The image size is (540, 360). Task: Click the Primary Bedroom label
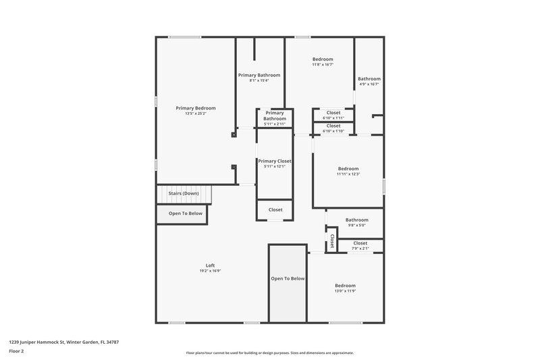(196, 108)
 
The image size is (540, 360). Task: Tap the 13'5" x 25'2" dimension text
(196, 113)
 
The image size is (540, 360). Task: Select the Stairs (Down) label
(184, 193)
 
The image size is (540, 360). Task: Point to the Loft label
(210, 265)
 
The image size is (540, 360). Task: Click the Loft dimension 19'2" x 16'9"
(210, 271)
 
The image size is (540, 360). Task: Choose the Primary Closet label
(275, 161)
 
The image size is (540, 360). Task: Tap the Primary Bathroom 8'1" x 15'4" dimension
(259, 80)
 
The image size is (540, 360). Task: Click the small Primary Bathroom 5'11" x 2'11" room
(275, 119)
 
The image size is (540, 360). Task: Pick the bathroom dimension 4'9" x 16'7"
(369, 84)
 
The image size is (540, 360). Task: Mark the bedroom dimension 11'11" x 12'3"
(348, 174)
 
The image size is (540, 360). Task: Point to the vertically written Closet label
(331, 241)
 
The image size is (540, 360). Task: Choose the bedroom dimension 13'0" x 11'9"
(345, 291)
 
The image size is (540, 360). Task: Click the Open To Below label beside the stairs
(185, 213)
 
